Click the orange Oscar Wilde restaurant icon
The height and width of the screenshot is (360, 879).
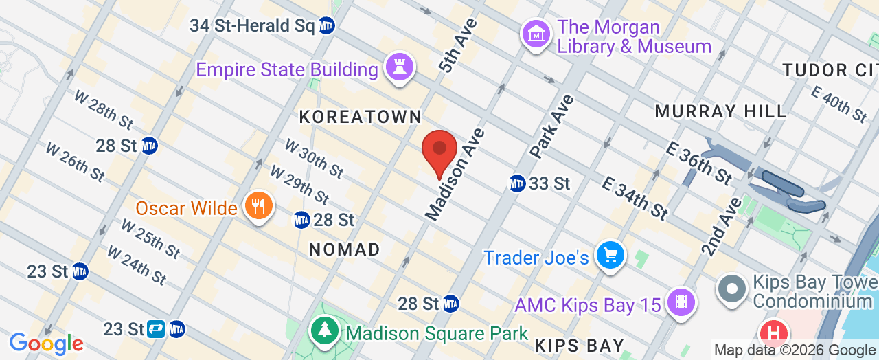pos(259,207)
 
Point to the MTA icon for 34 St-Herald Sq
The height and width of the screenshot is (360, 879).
pos(327,26)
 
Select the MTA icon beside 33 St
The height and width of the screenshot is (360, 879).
pos(517,183)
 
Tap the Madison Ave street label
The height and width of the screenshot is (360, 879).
pos(455,175)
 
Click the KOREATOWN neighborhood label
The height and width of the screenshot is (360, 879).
pos(361,117)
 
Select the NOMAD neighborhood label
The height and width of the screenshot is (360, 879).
pos(345,249)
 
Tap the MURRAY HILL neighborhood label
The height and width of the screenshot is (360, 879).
pos(720,111)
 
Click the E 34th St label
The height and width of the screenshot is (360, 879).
pos(635,198)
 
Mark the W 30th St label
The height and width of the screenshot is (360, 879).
pos(314,158)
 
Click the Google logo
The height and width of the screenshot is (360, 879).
pos(46,343)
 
